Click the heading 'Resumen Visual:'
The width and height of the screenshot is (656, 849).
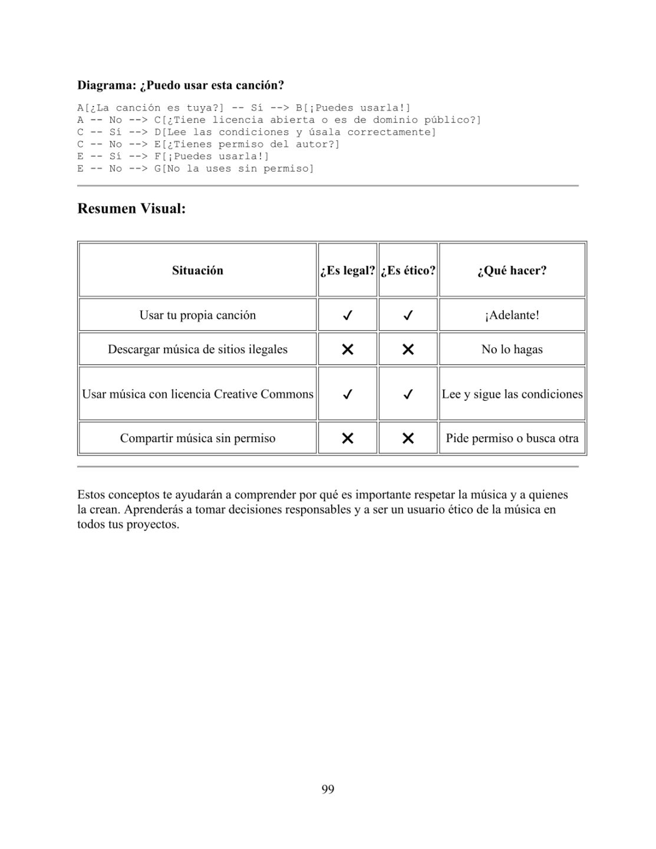point(131,209)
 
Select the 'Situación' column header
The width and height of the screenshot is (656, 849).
point(197,271)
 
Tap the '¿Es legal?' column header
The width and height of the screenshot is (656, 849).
point(347,271)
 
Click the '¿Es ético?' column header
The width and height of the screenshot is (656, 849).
point(408,271)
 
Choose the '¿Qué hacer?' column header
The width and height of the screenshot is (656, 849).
point(512,271)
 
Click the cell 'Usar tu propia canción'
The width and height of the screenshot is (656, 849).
point(197,315)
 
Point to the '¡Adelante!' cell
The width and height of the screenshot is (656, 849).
point(512,315)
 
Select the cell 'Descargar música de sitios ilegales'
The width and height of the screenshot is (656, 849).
point(197,349)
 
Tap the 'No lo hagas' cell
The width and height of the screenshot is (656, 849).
point(512,349)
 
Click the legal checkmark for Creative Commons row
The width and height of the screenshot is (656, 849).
point(348,394)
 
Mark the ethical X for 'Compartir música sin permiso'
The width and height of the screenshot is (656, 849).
point(408,438)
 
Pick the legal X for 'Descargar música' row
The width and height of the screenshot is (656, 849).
point(348,349)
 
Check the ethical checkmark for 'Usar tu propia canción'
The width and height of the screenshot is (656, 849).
point(408,315)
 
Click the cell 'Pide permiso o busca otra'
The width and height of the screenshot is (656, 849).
point(512,438)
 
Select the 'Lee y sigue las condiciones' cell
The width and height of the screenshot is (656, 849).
point(512,394)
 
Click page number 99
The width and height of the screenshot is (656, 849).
point(328,789)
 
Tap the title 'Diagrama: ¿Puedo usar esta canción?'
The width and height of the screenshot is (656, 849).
point(180,85)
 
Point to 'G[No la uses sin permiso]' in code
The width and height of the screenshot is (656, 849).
point(234,169)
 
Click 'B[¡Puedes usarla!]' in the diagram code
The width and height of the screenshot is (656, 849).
point(353,108)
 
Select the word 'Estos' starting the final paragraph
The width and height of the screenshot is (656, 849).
point(91,495)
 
